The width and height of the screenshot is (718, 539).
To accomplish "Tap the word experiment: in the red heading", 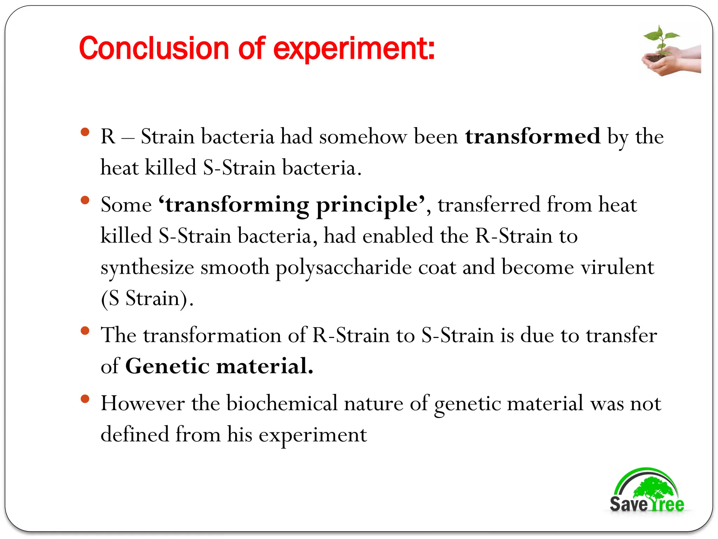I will [354, 49].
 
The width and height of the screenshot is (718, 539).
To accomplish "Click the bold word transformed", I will [533, 136].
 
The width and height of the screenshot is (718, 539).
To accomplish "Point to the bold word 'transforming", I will [233, 205].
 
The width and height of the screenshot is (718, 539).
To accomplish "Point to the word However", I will [143, 403].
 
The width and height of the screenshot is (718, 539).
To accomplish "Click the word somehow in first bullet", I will [363, 136].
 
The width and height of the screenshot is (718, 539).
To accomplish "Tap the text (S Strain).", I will [147, 299].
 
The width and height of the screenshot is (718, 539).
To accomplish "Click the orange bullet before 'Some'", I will [84, 200].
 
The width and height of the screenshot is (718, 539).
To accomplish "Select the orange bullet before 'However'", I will [84, 399].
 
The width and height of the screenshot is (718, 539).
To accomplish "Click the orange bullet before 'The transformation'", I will [84, 331].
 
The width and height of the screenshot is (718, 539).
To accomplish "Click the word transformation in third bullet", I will [212, 335].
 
